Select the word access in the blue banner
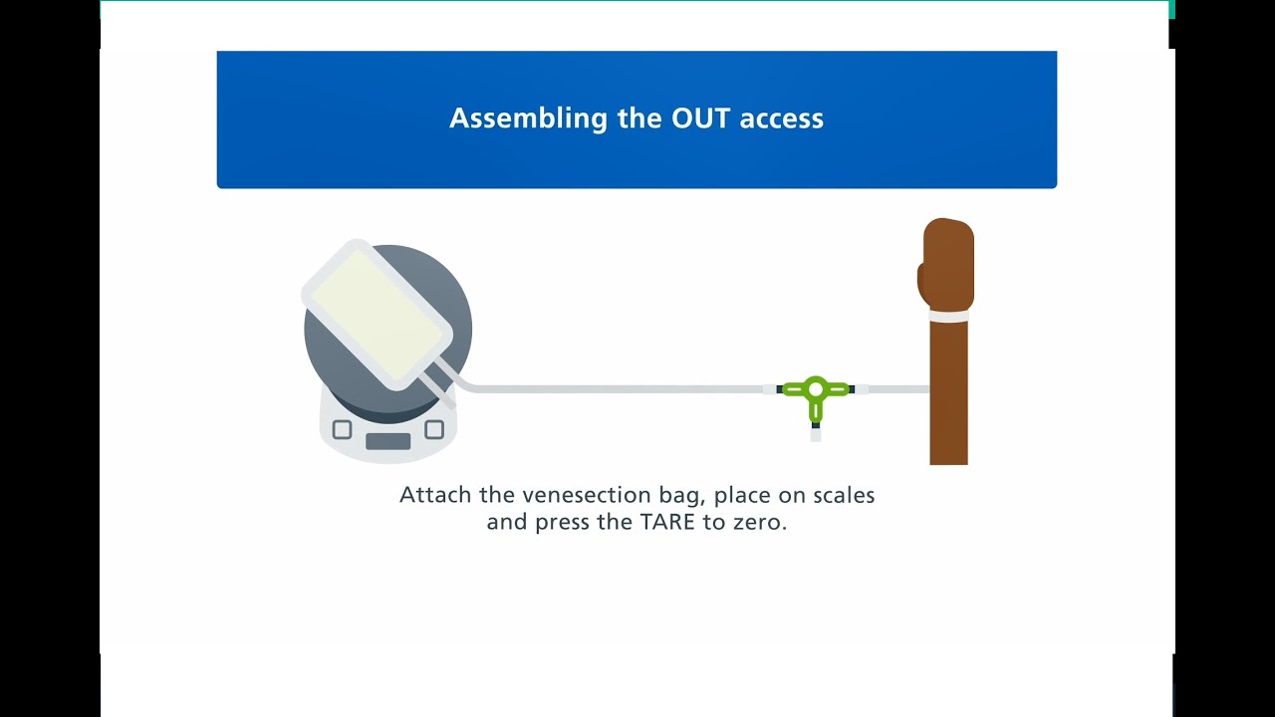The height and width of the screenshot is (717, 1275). coord(782,119)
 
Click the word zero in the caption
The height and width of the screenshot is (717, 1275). coord(759,522)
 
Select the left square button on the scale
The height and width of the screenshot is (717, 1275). coord(342,430)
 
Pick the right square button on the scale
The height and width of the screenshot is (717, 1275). coord(434,430)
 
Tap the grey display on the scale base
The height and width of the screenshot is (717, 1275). coord(387,441)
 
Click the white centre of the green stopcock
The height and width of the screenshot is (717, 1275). coord(816,388)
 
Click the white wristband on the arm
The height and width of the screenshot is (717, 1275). coord(948,317)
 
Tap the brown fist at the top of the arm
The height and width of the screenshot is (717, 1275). coord(946,264)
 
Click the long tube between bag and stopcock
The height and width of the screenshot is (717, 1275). coord(618,388)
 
